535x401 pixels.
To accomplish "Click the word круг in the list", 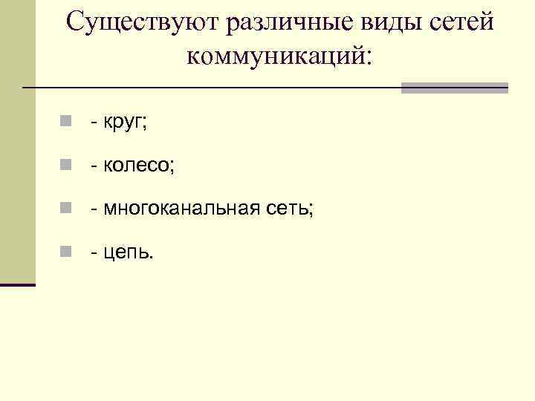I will [x=124, y=123].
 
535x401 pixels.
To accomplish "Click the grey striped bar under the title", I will [x=454, y=88].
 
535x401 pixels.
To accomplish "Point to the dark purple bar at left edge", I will [x=17, y=284].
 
